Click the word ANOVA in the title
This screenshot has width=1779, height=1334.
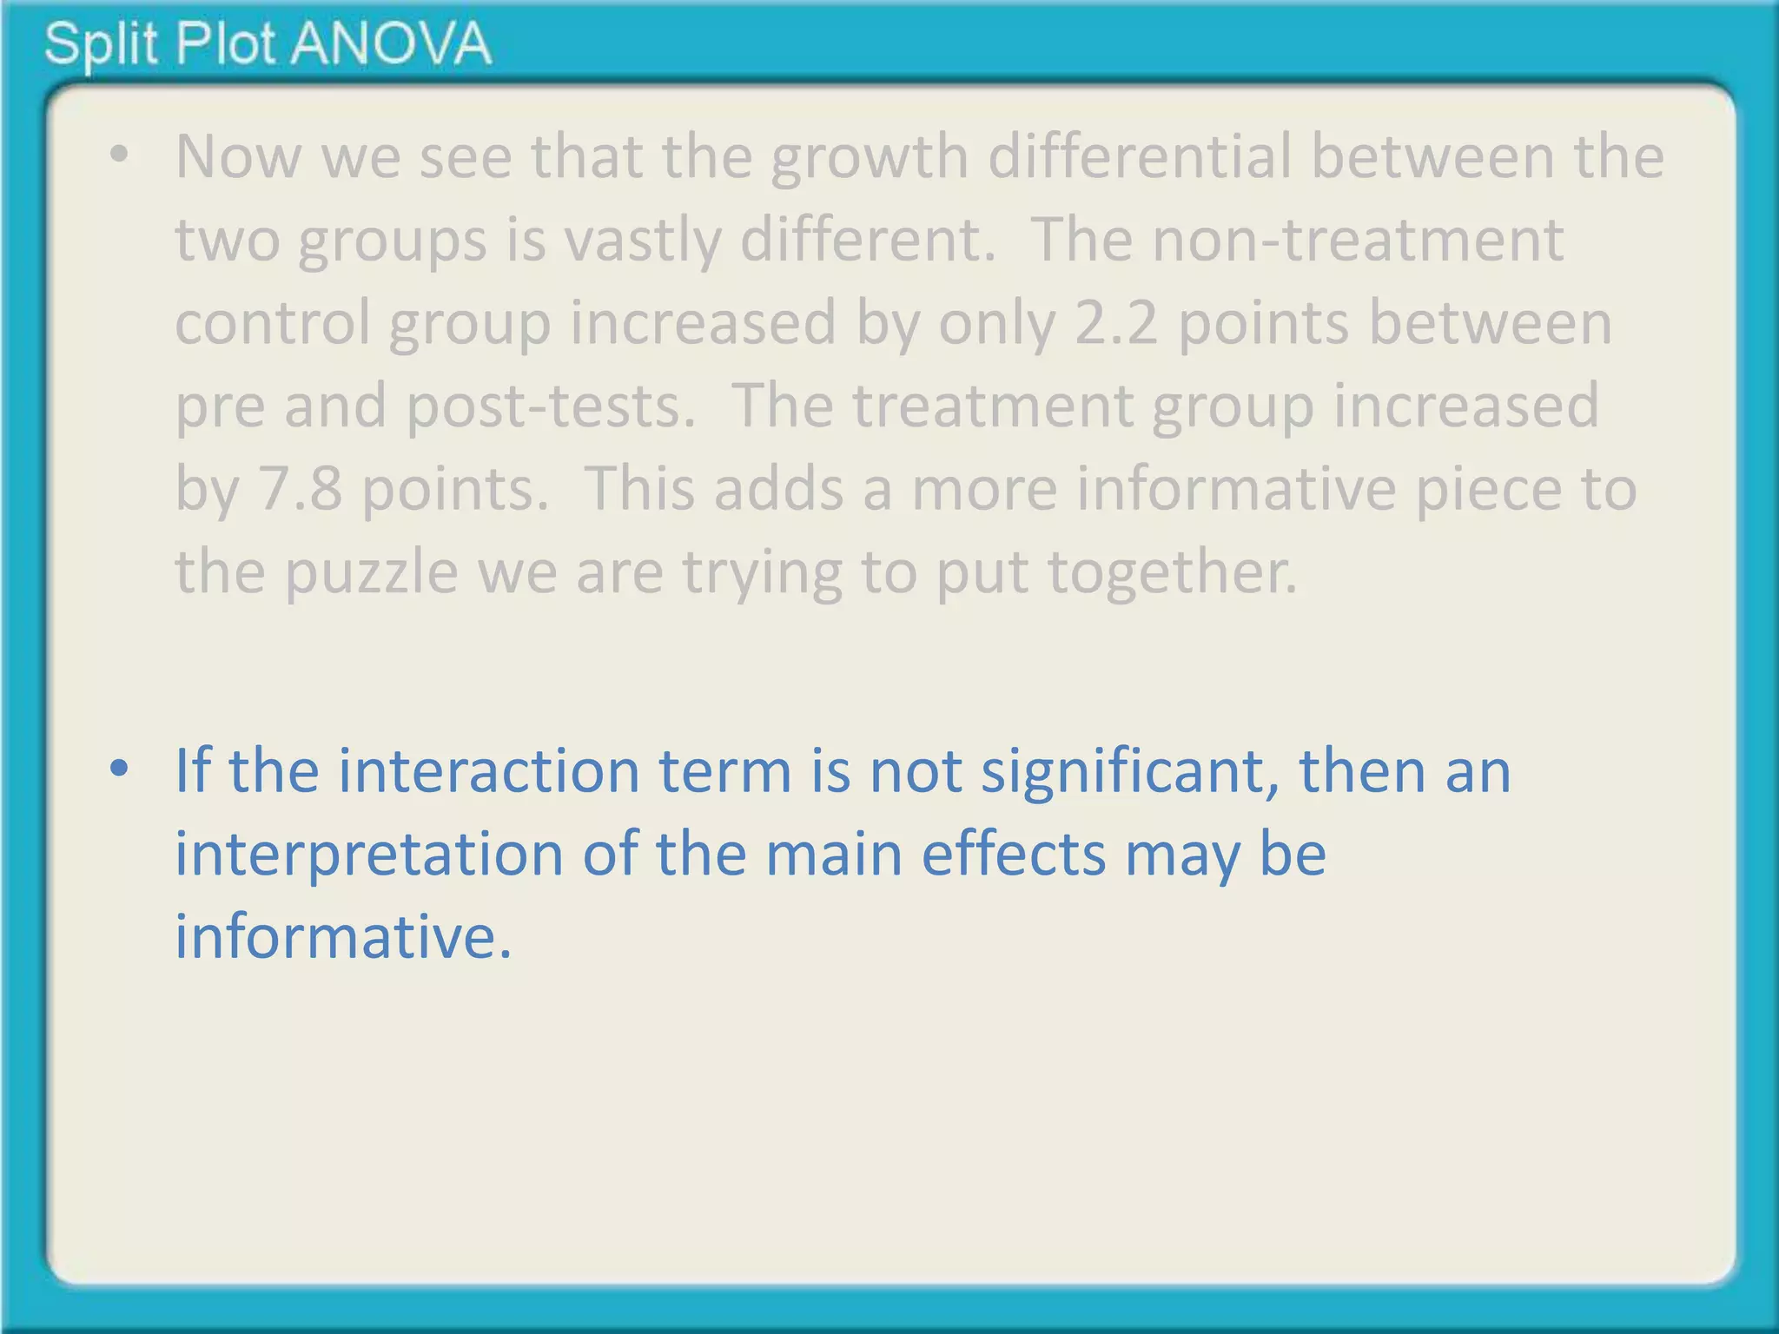(x=391, y=43)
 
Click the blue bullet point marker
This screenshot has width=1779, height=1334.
(x=119, y=769)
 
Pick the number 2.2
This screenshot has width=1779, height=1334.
(x=1116, y=323)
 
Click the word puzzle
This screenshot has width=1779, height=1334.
(x=372, y=573)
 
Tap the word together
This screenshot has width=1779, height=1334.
(x=1172, y=573)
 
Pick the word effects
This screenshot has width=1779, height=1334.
(x=1014, y=854)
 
